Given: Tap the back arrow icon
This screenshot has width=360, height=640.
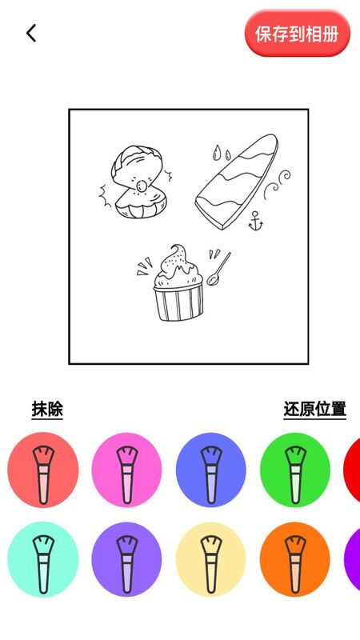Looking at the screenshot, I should coord(31,33).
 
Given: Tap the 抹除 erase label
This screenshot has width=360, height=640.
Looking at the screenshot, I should coord(47,410).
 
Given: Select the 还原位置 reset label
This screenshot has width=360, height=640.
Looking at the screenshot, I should coord(314,410).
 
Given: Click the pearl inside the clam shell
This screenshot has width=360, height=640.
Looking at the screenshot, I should coord(142,186).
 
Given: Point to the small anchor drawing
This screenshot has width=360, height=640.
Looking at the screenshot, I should coord(255,222).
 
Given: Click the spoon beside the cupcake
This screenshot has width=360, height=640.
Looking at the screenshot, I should coord(218,270).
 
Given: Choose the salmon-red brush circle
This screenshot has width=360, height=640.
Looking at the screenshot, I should coord(43,470).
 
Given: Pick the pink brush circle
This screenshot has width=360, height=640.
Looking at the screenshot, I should coord(126,470).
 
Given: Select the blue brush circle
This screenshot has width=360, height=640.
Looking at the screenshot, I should coord(210,470).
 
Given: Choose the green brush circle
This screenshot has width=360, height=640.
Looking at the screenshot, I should coord(294,470).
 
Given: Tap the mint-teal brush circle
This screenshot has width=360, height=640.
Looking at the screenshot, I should coord(43,558).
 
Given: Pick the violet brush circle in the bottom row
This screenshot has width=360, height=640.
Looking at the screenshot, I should coord(126,558).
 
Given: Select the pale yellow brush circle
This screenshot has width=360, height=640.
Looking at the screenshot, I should coord(210,558).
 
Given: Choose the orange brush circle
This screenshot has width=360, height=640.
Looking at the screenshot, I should coord(294,558).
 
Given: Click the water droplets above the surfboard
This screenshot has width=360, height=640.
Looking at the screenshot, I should coord(221,152).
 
